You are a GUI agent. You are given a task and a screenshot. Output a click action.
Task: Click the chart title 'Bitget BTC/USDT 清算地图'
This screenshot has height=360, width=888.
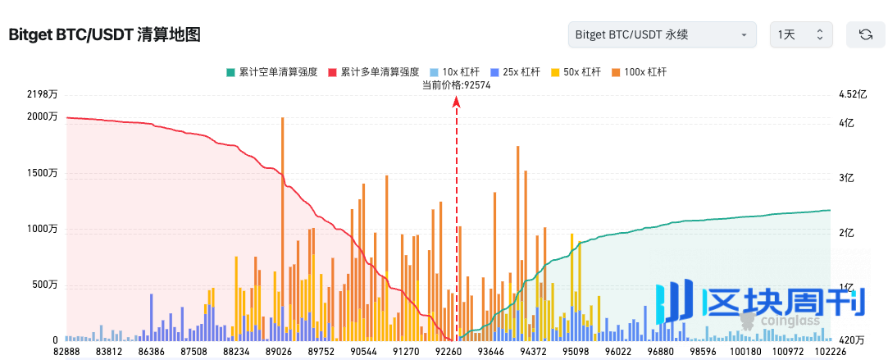[x=104, y=34]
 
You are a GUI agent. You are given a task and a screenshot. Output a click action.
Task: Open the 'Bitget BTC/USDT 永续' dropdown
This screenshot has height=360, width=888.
[x=662, y=34]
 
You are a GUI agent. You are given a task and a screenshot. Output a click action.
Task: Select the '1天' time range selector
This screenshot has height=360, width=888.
[x=801, y=34]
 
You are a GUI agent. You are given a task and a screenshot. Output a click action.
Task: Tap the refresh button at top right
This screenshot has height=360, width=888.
[x=865, y=34]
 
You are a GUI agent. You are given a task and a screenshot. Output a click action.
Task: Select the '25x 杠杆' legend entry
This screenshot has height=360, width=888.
[x=515, y=72]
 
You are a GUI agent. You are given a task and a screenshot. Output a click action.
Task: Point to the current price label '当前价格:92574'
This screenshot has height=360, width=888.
[x=456, y=84]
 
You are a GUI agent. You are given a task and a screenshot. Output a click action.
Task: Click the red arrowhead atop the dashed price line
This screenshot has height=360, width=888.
[x=457, y=101]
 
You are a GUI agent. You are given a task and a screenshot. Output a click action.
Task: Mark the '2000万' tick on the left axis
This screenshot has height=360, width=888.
[x=43, y=117]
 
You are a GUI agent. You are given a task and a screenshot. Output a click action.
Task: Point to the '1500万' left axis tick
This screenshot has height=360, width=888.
[x=43, y=174]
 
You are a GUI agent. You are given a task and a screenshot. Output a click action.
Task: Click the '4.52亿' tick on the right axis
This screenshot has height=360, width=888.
[x=852, y=95]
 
